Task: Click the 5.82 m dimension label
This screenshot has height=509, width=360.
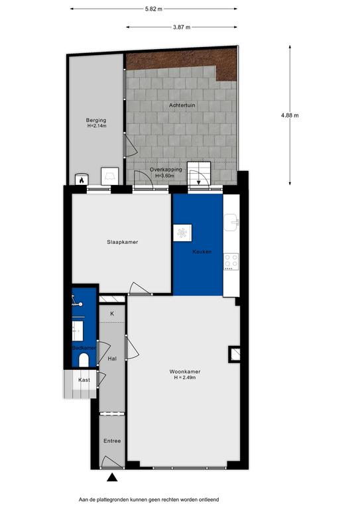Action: tap(154, 9)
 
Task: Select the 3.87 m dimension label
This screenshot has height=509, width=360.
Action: tap(182, 27)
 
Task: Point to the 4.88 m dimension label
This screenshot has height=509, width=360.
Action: tap(290, 115)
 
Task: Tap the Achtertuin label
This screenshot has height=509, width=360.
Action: tap(182, 105)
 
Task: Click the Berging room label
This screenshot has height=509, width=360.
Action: tap(96, 121)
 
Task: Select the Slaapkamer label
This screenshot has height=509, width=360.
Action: tap(123, 242)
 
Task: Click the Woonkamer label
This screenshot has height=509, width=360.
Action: tap(185, 372)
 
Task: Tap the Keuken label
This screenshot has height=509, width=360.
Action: tap(202, 252)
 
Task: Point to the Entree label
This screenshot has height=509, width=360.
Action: tap(112, 441)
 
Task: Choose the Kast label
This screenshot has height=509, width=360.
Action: tap(84, 380)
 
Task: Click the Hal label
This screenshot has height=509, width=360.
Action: tap(112, 359)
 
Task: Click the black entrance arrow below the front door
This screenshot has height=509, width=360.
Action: tap(112, 477)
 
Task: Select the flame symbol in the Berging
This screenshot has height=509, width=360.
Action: tap(82, 179)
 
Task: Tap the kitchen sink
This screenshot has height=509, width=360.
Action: tap(231, 223)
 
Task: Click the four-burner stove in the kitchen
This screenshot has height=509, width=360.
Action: tap(231, 262)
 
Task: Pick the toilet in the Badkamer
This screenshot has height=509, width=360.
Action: tap(84, 360)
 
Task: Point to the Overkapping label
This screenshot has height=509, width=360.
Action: tap(166, 170)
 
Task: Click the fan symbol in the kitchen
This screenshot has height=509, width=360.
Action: tap(182, 233)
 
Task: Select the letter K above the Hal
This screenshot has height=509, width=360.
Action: tap(112, 313)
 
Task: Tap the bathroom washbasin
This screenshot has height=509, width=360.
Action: tap(78, 331)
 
